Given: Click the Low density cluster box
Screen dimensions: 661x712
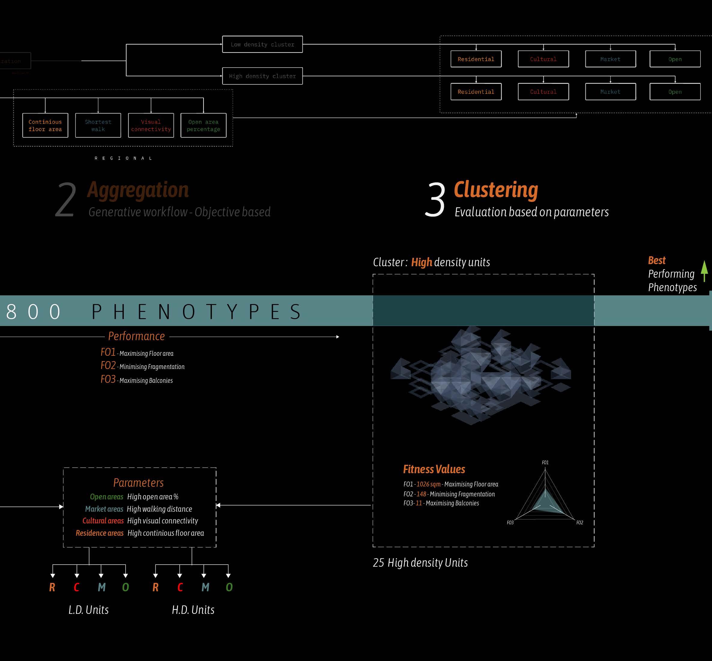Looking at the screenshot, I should (262, 44).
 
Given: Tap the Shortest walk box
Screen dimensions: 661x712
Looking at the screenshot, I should (98, 126).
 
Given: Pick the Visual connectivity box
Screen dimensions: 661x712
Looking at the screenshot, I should (151, 126).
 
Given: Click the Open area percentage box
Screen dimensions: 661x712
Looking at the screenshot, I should (203, 126).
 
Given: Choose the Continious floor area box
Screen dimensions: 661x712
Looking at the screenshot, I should (45, 126).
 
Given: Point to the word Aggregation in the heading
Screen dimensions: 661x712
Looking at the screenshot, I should (138, 190).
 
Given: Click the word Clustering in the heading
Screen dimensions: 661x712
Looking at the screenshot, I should (496, 190).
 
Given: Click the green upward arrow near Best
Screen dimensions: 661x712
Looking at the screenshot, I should (704, 271).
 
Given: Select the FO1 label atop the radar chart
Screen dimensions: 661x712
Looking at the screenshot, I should (545, 462).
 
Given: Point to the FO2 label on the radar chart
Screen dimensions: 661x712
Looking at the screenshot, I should (580, 522).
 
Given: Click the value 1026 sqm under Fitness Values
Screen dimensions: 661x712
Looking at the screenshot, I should (428, 484).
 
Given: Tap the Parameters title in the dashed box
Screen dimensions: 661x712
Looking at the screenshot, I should (139, 483).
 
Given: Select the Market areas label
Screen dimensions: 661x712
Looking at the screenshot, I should (104, 509).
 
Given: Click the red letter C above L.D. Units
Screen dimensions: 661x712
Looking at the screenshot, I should (77, 587).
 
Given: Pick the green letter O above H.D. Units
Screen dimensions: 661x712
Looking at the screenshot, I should (229, 587).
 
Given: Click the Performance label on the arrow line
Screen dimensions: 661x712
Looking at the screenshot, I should (136, 336).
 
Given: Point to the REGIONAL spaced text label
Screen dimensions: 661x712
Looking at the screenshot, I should (123, 158).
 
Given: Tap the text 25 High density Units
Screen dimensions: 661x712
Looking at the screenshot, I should (420, 563).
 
